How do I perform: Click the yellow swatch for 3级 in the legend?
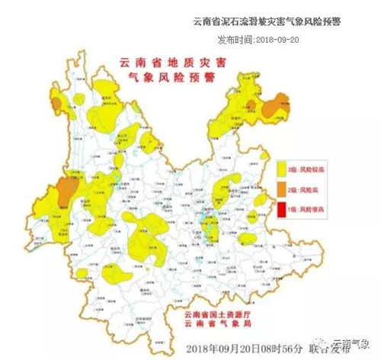point(281,167)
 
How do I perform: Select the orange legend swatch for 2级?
point(281,188)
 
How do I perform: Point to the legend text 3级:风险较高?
point(303,167)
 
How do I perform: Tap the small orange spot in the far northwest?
point(78,98)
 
